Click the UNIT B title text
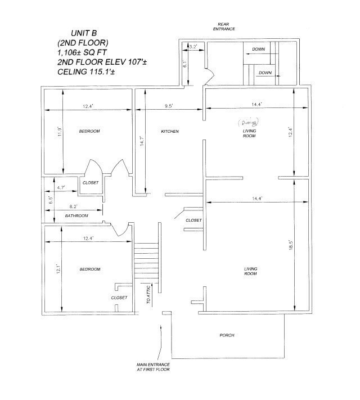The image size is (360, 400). [x=85, y=33]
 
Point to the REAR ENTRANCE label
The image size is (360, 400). [x=227, y=26]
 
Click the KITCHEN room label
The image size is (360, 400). [x=170, y=132]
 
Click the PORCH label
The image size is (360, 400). [x=227, y=335]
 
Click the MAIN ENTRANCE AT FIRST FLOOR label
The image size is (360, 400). [x=154, y=367]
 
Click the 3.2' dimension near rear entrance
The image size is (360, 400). [x=193, y=47]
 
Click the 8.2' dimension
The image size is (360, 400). [x=74, y=207]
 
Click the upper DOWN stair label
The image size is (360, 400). [x=258, y=50]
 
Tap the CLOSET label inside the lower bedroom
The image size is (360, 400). [x=119, y=297]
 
